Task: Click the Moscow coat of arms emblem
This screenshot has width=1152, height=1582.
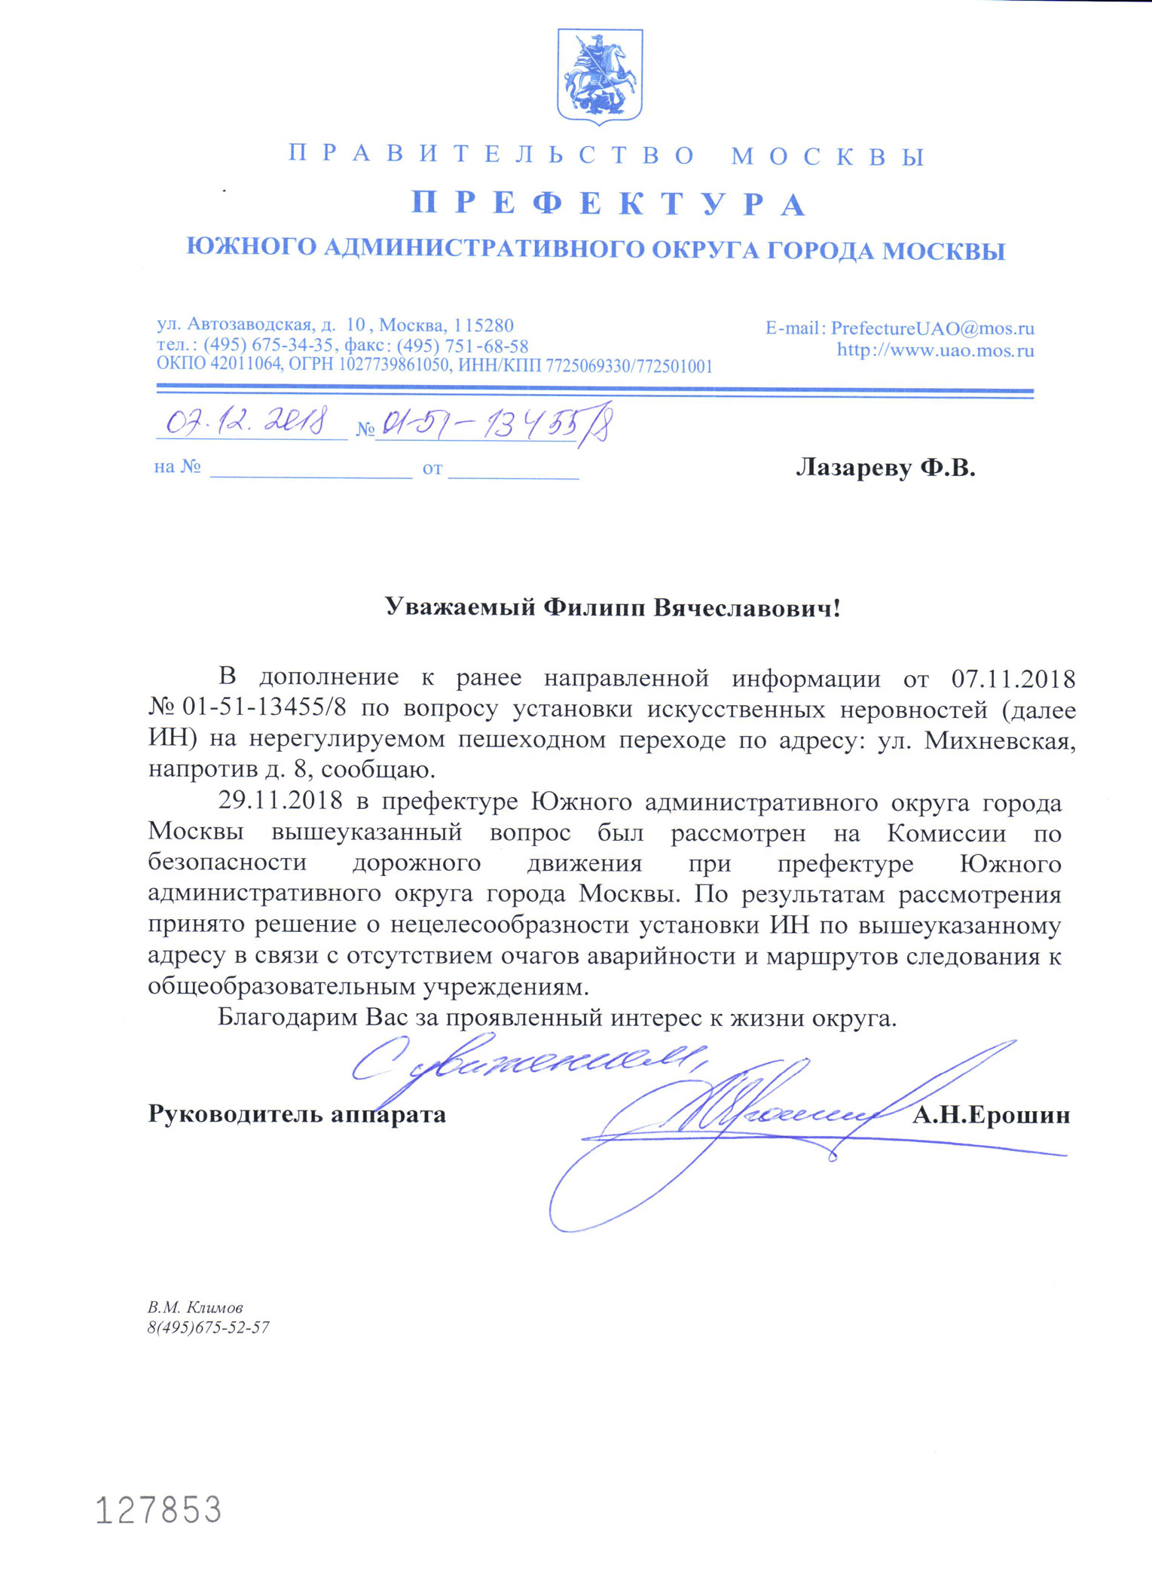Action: point(599,76)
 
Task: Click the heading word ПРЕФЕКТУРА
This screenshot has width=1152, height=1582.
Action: point(609,204)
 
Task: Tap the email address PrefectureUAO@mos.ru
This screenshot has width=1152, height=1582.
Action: point(932,328)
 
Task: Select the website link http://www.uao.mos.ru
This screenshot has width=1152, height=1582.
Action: point(935,350)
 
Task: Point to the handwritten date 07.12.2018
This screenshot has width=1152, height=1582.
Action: point(246,423)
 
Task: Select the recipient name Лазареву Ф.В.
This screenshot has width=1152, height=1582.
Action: point(885,468)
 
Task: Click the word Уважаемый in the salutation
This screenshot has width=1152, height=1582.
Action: point(460,606)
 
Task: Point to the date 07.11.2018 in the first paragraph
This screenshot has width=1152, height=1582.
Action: point(1013,679)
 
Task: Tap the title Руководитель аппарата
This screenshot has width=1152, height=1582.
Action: point(297,1114)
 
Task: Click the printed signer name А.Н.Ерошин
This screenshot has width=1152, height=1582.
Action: point(991,1115)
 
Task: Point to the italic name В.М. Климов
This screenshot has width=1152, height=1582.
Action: point(195,1307)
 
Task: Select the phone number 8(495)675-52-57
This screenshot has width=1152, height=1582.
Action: point(208,1327)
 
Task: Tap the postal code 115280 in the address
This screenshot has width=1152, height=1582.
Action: point(484,325)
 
